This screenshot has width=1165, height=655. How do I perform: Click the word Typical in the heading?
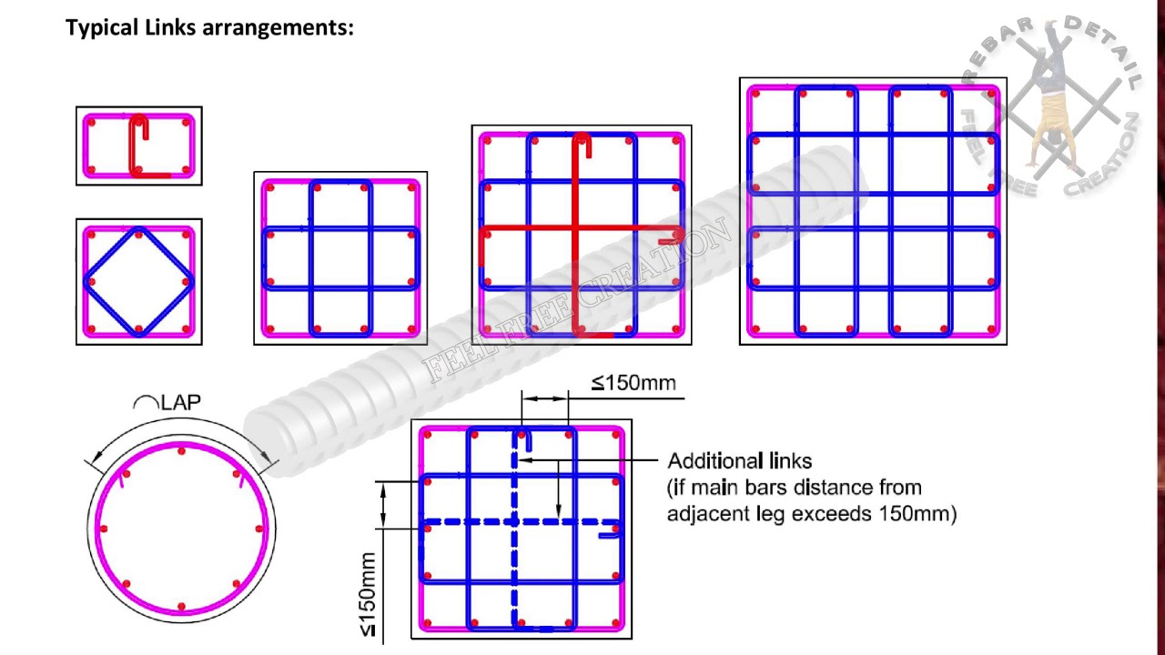(x=103, y=27)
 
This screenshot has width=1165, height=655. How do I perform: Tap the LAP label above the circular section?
(x=181, y=402)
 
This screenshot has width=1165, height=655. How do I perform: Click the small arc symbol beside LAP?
(x=146, y=403)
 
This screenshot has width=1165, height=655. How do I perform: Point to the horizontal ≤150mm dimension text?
(x=634, y=383)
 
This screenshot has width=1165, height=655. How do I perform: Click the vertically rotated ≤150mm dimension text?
(x=367, y=595)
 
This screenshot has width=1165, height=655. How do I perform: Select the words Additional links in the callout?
(x=739, y=461)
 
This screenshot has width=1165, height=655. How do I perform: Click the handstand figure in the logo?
(x=1051, y=100)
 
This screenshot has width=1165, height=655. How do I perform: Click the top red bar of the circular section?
(x=182, y=450)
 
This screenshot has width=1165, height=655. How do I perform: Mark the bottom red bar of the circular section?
(x=182, y=606)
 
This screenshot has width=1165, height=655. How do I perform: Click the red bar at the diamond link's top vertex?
(x=138, y=234)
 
